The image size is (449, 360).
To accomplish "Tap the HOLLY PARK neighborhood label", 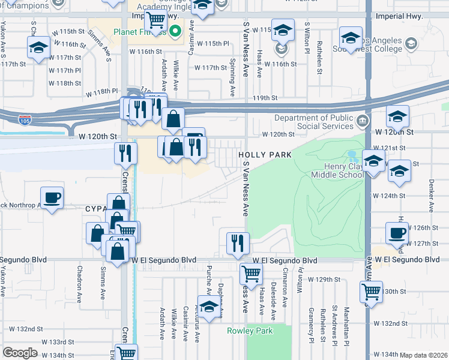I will [x=265, y=155].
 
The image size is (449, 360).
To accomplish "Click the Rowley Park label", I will [x=250, y=331].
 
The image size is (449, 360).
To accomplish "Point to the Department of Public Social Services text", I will [x=315, y=122].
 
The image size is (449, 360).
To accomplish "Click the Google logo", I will [x=20, y=353].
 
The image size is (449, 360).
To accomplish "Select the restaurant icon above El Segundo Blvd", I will [x=238, y=242].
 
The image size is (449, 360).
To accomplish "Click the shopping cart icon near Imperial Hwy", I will [x=156, y=19].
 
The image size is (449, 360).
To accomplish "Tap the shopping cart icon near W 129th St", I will [x=251, y=274].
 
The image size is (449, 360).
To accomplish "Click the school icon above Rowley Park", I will [x=208, y=307].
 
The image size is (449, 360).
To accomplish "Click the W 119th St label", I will [x=265, y=98].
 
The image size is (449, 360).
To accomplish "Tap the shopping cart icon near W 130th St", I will [x=372, y=293].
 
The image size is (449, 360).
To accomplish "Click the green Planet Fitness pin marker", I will [x=175, y=30].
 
